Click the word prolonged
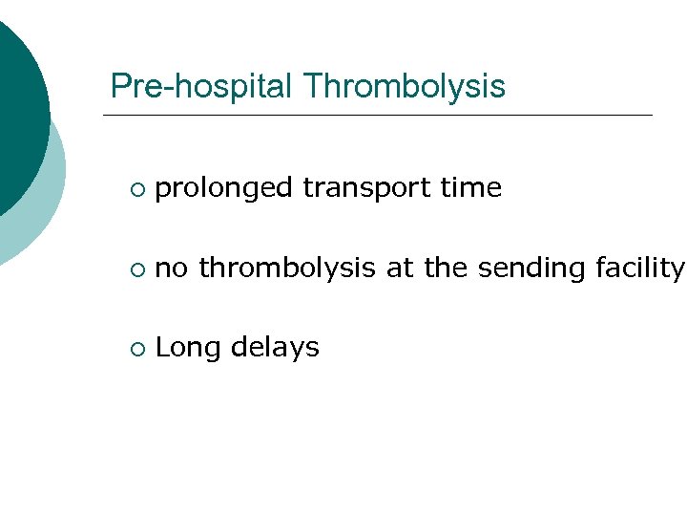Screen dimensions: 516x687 click(223, 189)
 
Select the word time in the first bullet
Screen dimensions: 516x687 click(471, 188)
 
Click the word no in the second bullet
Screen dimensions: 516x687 click(172, 269)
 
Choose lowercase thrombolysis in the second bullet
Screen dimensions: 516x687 click(287, 269)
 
